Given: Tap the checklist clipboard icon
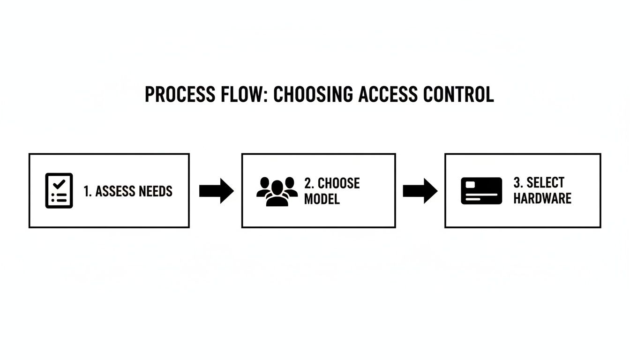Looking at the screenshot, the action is [x=59, y=191].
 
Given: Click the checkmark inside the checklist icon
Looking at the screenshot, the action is [x=60, y=184].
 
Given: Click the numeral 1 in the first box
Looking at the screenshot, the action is [x=86, y=191].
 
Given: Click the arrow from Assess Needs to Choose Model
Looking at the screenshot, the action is [x=216, y=191].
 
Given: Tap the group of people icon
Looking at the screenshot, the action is [x=277, y=192].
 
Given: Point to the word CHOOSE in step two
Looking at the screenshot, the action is [x=338, y=183].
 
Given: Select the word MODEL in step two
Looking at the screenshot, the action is [x=322, y=199].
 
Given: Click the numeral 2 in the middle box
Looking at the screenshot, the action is [x=308, y=183].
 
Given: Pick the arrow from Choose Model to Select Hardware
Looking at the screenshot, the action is [x=420, y=191].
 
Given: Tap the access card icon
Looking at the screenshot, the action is [x=481, y=191].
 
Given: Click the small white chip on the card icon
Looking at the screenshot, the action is [x=470, y=185].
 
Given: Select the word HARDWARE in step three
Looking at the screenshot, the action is [x=542, y=198].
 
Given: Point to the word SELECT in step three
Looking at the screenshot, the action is [x=545, y=182].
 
